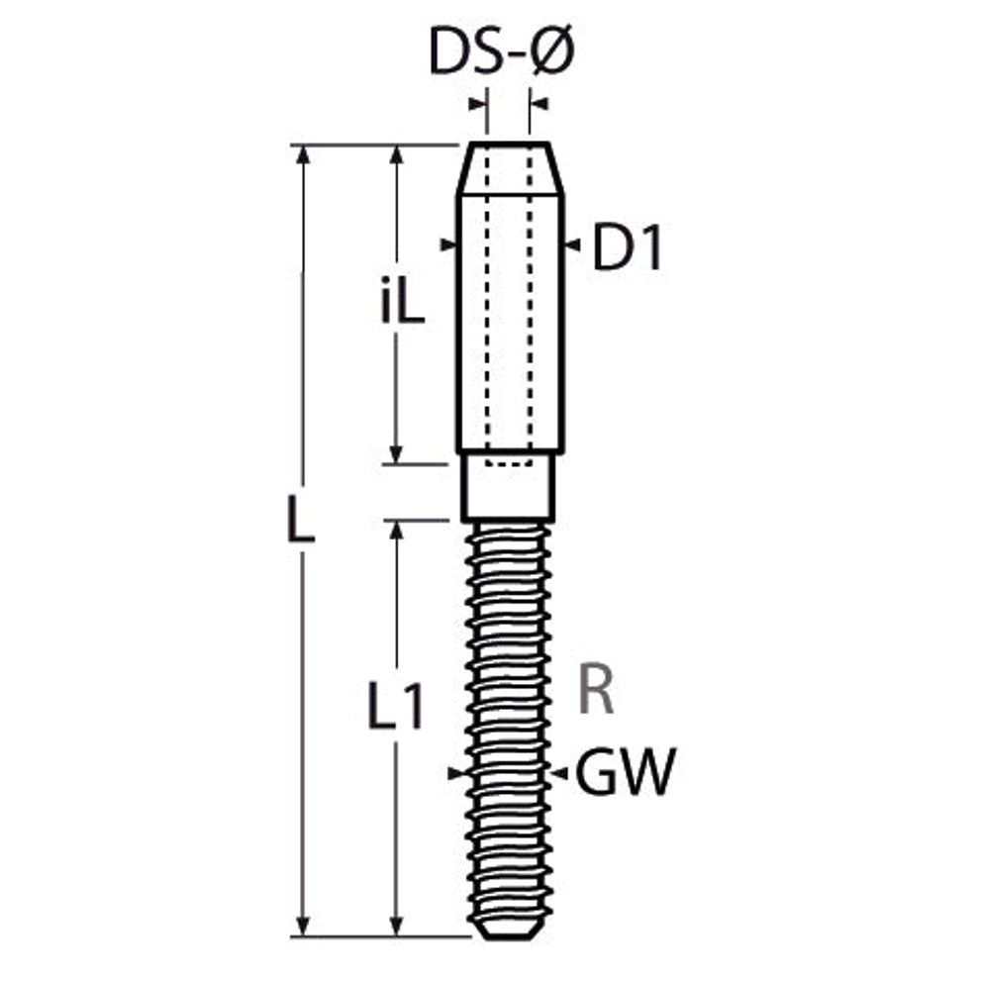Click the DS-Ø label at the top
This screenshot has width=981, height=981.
[x=502, y=51]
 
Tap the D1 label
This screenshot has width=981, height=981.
[x=627, y=246]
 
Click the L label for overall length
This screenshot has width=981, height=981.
[x=300, y=520]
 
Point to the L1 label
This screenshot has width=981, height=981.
[x=395, y=707]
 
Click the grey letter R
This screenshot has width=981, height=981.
[x=596, y=691]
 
